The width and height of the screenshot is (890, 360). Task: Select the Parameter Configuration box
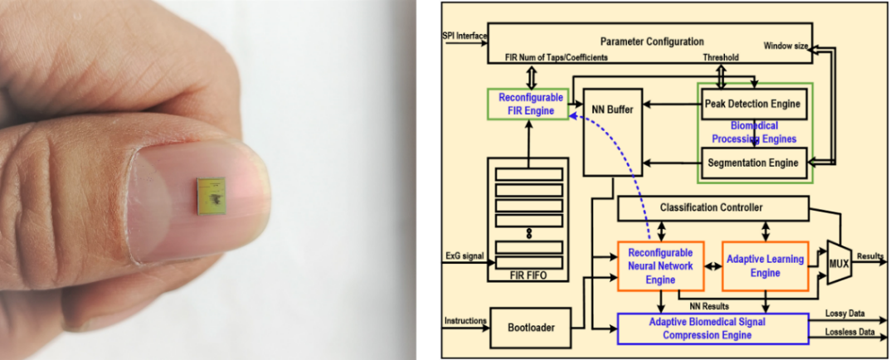tap(651, 41)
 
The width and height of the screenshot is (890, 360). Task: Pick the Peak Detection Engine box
tap(753, 104)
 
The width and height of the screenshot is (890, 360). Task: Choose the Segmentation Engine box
tap(753, 163)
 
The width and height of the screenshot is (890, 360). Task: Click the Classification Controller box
tap(711, 207)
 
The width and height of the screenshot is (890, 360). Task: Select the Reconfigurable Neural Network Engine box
tap(660, 265)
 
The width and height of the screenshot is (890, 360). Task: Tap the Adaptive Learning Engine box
tap(765, 265)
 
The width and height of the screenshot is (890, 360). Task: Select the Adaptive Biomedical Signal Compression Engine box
tap(712, 328)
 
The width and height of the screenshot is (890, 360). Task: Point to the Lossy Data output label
tap(844, 314)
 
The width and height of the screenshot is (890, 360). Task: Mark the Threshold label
tap(721, 59)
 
